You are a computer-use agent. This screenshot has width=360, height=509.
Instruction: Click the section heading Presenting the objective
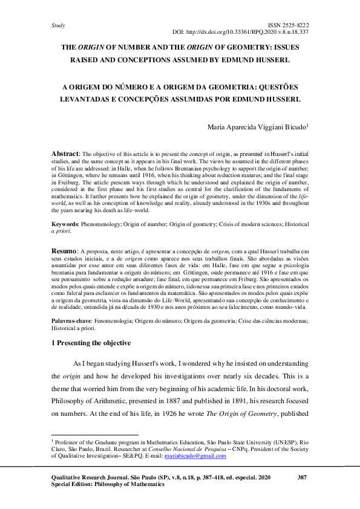click(94, 343)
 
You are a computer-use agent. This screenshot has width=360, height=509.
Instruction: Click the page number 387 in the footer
click(303, 478)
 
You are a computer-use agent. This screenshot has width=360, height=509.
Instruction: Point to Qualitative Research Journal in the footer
click(94, 478)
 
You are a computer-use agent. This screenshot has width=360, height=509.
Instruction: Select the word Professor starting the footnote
click(68, 443)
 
